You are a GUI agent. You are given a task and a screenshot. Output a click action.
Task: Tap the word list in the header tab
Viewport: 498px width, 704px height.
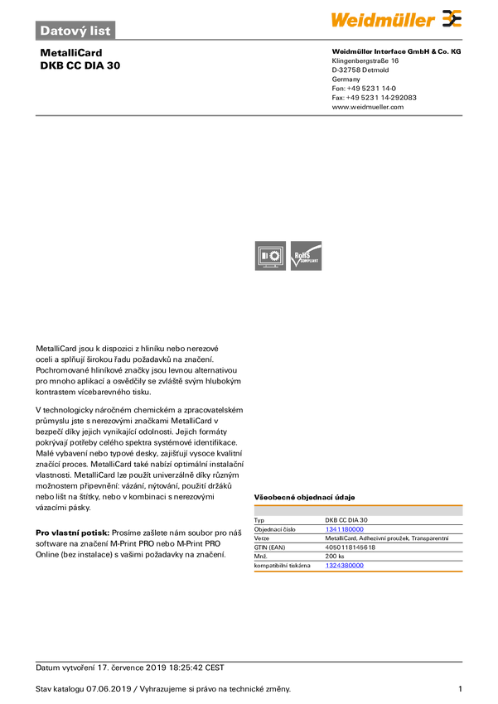coord(100,31)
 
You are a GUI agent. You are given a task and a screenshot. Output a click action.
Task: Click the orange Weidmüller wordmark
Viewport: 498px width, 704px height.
coord(383,19)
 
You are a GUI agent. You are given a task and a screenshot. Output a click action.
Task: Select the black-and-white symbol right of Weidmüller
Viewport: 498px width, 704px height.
coord(452,19)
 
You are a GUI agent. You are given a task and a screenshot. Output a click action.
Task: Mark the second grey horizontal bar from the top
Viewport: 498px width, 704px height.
coord(249,115)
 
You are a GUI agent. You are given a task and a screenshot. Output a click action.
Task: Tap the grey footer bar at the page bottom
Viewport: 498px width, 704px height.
coord(249,661)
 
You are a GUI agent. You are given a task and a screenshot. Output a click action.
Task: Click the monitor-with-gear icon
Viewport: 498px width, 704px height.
coord(269,256)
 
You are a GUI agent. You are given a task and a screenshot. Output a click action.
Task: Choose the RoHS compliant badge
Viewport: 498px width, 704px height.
coord(307,256)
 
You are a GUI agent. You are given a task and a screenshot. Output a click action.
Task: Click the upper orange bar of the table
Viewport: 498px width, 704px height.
coord(358,503)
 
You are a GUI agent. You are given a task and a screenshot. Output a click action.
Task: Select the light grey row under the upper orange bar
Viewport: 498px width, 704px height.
coord(358,513)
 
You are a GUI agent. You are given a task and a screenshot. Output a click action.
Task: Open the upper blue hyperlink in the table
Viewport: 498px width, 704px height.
coord(344,528)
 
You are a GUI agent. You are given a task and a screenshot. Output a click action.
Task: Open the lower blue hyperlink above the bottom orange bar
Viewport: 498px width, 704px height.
coord(344,566)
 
